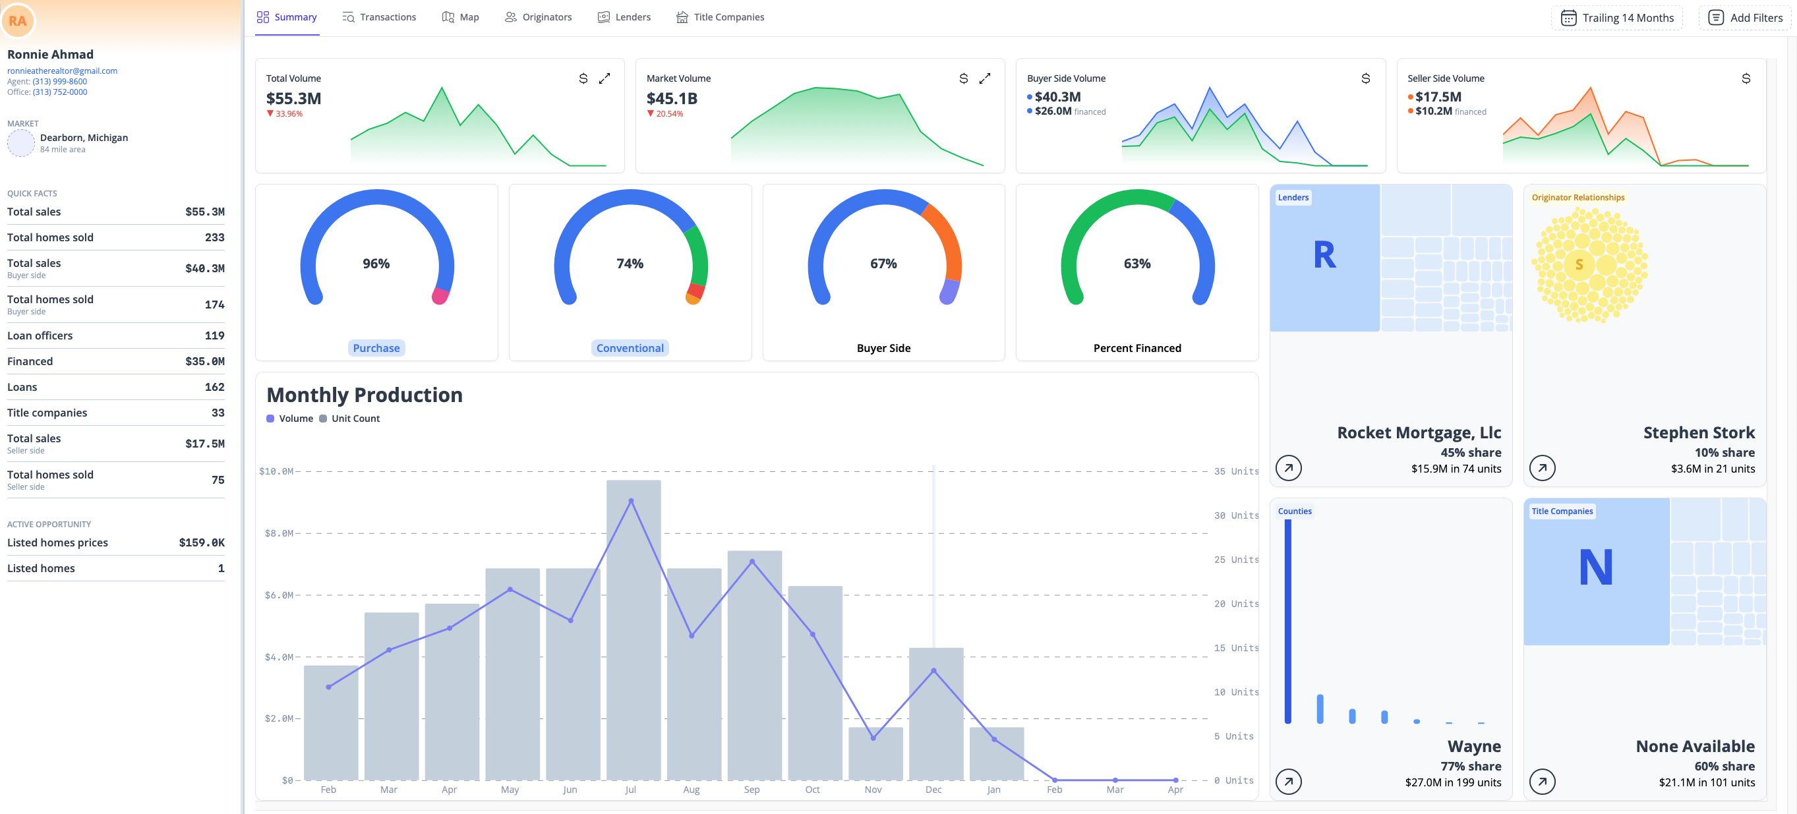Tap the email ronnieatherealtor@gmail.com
coord(62,71)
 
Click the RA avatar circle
coord(18,21)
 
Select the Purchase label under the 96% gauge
coord(376,347)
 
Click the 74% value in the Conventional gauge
coord(630,264)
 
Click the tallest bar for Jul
coord(633,627)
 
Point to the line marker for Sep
coord(752,562)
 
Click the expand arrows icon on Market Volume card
coord(984,78)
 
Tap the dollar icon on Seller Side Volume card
coord(1746,78)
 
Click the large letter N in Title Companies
coord(1595,566)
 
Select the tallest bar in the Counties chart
coord(1287,621)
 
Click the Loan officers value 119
coord(214,335)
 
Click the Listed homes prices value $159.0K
coord(202,542)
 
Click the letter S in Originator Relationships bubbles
coord(1579,264)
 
